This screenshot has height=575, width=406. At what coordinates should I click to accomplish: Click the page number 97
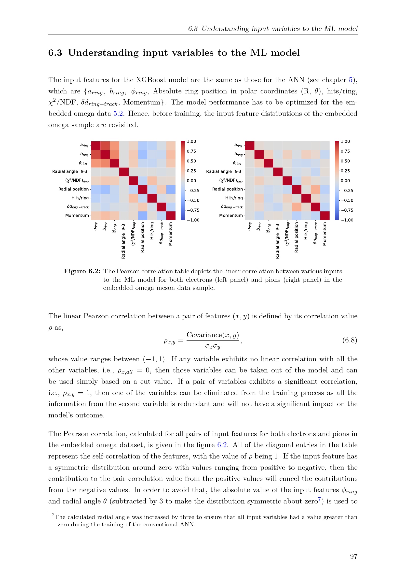coord(353,556)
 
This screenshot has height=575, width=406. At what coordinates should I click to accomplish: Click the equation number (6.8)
coord(350,340)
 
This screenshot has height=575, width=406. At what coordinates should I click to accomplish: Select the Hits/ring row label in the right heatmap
coord(234,198)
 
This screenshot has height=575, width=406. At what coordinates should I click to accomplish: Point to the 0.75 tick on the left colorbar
coord(191,151)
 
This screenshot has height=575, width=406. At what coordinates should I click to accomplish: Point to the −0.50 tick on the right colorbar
coord(347,200)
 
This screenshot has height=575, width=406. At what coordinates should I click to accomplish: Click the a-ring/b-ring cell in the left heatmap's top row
coord(105,146)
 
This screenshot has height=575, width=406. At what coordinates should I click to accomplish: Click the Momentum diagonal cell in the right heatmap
coord(325,215)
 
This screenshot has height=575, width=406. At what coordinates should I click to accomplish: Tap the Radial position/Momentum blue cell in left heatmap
coord(171,189)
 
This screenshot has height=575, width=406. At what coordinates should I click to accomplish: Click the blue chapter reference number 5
coord(351,80)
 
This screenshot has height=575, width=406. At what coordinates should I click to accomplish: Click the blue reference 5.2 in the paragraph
coord(118,114)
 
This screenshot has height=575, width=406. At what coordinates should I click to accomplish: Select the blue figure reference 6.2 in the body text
coord(222,445)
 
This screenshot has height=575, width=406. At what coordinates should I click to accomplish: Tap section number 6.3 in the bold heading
coord(55,53)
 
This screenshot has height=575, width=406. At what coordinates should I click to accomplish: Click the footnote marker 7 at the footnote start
coord(53,515)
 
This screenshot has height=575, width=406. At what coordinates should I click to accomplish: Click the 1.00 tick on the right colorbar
coord(345,142)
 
